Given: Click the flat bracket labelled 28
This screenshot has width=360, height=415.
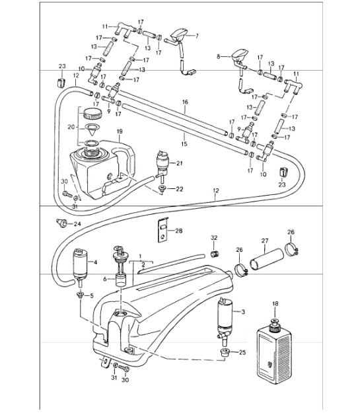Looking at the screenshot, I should (x=161, y=231).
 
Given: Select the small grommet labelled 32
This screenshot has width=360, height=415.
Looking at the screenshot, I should (x=213, y=254).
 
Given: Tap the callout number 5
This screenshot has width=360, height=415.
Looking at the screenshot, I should (x=92, y=295).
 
